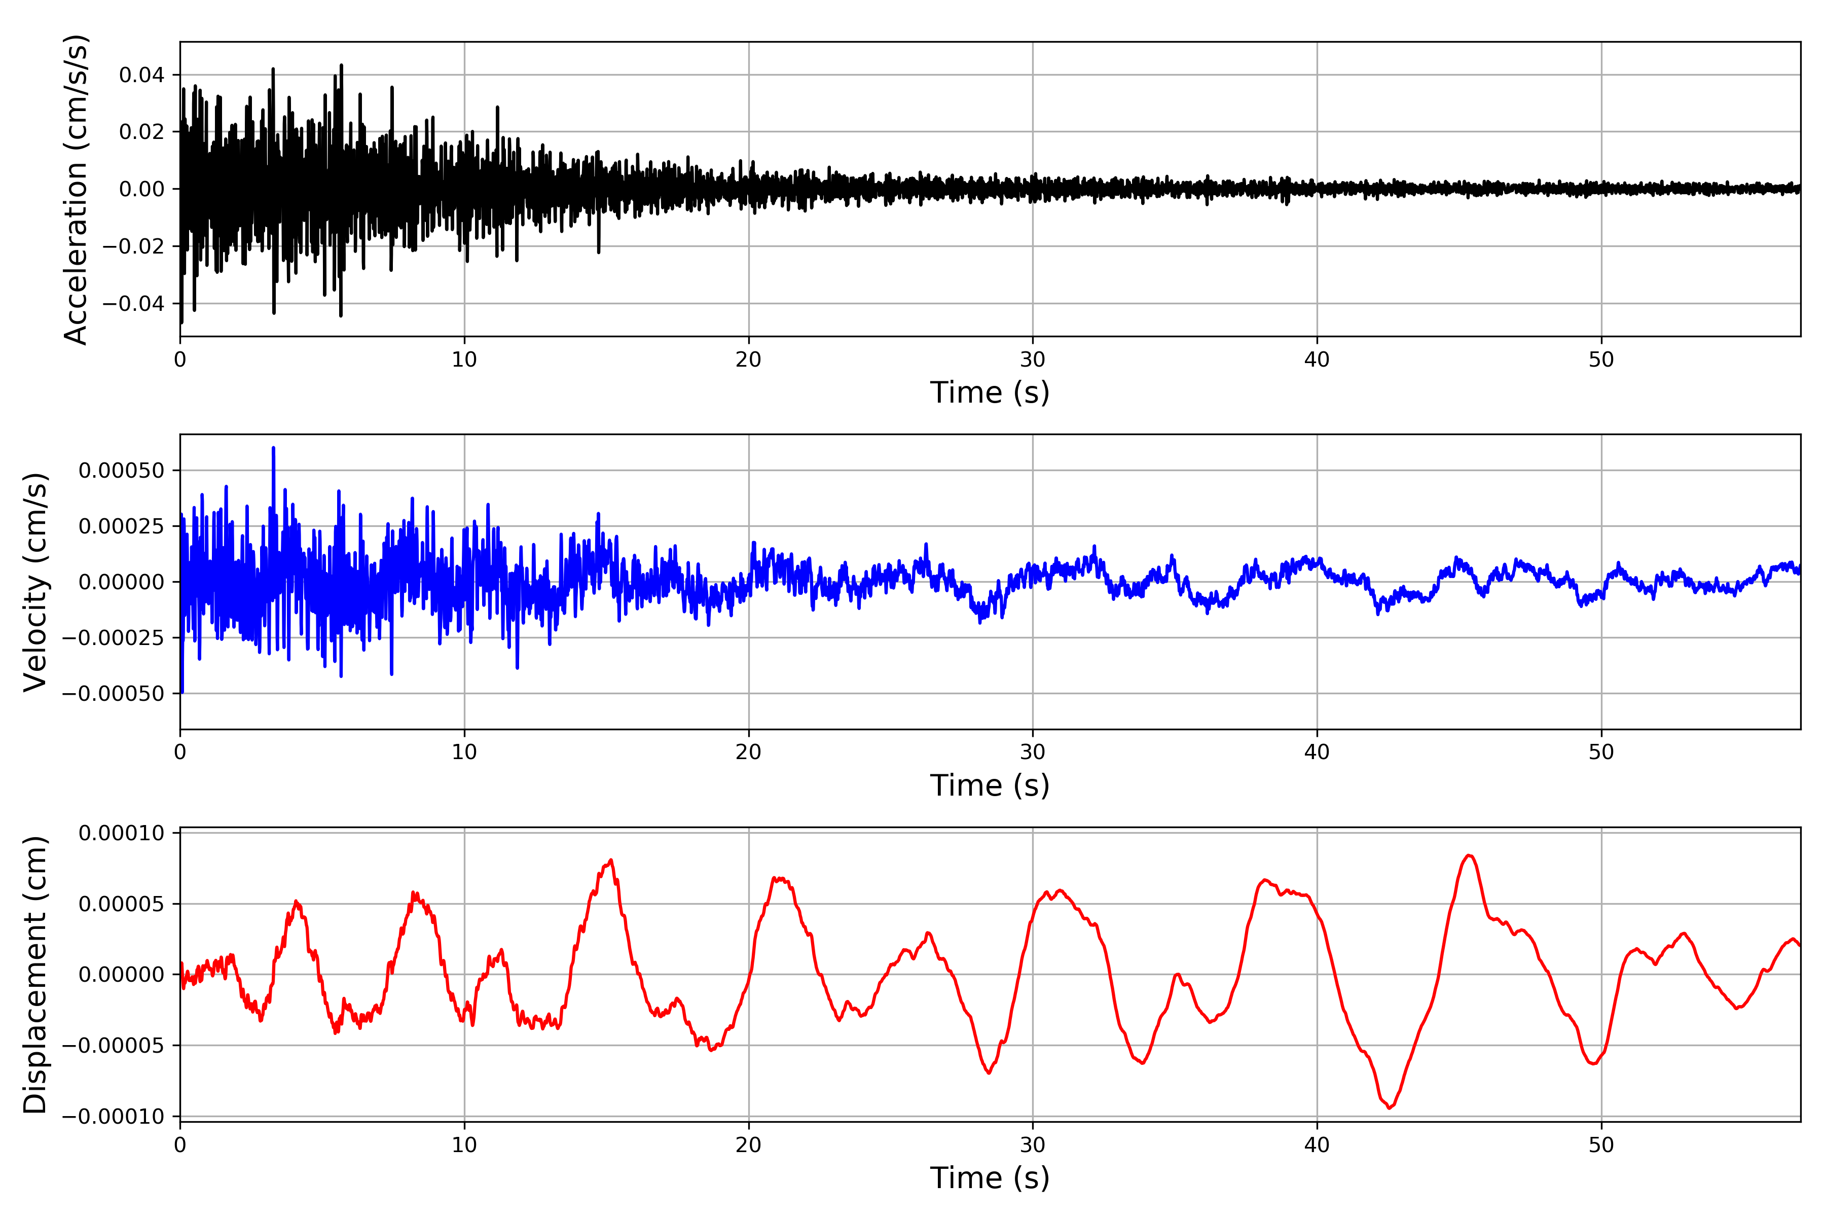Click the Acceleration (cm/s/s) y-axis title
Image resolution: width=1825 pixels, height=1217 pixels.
[x=75, y=189]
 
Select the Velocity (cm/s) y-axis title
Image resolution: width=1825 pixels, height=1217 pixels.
[x=35, y=581]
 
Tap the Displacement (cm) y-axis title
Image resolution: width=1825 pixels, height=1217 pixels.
[x=35, y=975]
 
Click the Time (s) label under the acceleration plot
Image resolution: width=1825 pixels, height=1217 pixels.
[x=990, y=392]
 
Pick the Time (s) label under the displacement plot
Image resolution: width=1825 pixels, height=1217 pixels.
[x=990, y=1178]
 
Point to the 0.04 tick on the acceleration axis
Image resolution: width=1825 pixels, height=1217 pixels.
[x=141, y=75]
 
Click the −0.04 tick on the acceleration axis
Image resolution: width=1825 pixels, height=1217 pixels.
[x=133, y=303]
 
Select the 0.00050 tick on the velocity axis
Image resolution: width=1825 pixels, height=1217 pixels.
[x=121, y=471]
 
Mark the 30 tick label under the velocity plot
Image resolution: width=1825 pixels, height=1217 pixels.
[x=1033, y=752]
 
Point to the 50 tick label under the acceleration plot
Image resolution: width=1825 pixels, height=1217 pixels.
[x=1601, y=360]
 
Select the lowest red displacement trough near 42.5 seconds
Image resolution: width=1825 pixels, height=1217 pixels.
[x=1389, y=1107]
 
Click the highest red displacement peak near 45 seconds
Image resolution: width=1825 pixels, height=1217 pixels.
[x=1469, y=855]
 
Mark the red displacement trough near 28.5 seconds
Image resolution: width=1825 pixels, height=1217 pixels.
[x=989, y=1072]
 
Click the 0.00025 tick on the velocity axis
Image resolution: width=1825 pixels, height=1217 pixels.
[x=121, y=526]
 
